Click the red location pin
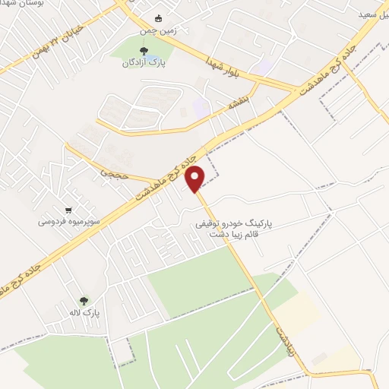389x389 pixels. (x=196, y=178)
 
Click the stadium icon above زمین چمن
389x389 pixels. (x=158, y=19)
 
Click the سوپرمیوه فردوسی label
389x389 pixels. (x=67, y=223)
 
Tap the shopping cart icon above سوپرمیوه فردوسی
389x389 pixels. (x=70, y=210)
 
